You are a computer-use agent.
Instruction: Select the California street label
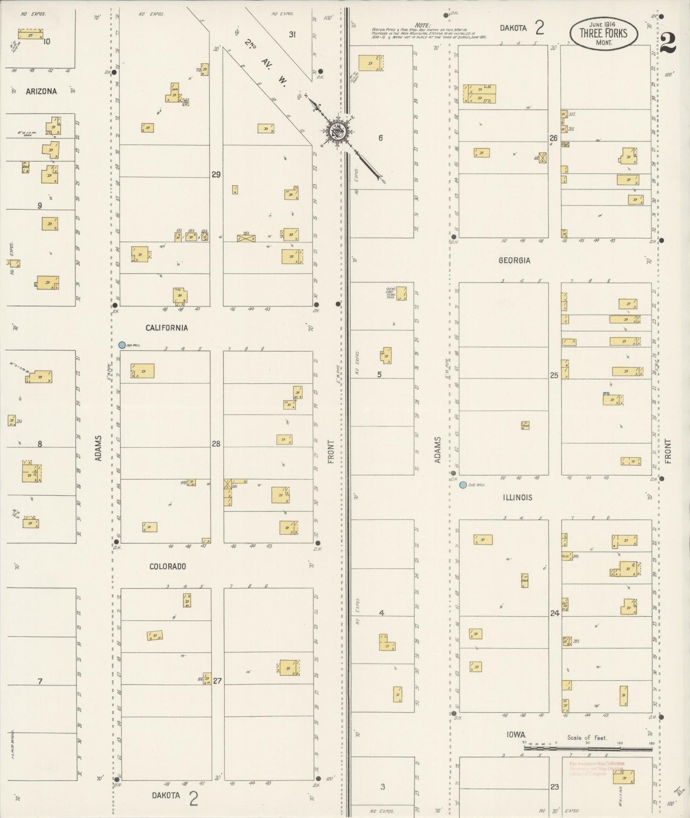point(167,328)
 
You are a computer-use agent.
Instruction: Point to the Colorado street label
point(168,566)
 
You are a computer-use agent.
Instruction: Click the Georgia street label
point(514,261)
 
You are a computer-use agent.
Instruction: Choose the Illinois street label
point(517,497)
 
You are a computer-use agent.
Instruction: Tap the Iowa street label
point(516,735)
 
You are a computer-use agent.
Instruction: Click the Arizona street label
point(42,91)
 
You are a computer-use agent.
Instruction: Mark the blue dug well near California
point(122,345)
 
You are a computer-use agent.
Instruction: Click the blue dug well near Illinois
point(463,485)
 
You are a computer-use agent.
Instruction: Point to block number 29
point(216,175)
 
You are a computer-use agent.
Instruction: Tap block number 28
point(216,444)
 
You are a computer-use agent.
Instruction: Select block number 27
point(217,681)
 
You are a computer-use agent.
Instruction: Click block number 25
point(554,376)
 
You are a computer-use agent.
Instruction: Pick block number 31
point(292,34)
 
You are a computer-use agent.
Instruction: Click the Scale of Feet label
point(587,738)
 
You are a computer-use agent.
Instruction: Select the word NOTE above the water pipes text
point(422,25)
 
